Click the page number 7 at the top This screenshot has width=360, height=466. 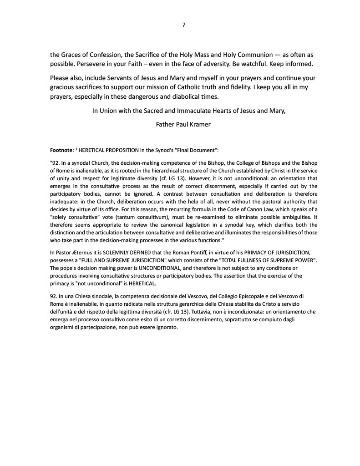[x=183, y=25]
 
